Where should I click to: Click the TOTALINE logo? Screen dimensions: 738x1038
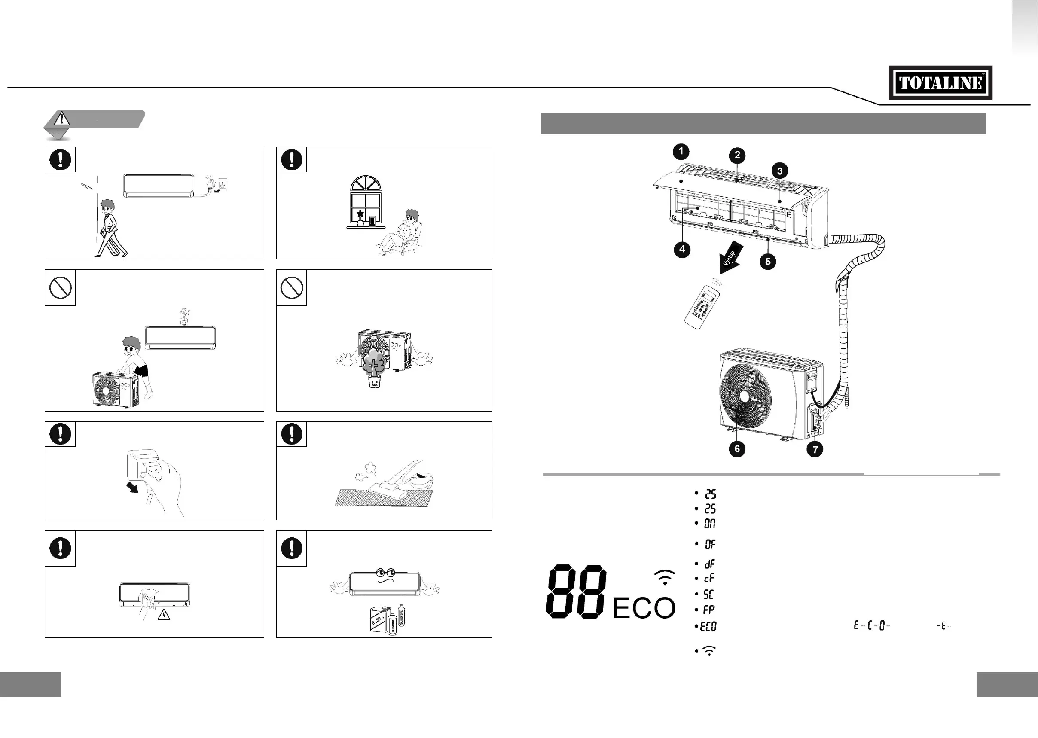[940, 83]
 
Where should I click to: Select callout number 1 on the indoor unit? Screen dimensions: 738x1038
[681, 151]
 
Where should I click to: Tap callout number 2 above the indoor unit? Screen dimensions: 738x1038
[737, 155]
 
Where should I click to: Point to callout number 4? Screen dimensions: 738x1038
[682, 249]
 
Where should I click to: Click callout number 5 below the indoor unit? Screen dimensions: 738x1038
[768, 261]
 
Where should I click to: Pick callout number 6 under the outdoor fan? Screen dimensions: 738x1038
[737, 449]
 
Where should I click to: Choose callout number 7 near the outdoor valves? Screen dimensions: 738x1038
[815, 450]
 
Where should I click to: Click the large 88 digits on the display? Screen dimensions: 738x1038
[576, 591]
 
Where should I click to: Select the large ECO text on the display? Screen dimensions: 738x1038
[644, 608]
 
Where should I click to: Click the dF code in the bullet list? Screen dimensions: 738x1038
[709, 564]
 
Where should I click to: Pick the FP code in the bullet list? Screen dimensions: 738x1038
[708, 610]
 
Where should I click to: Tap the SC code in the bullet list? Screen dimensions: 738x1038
[708, 594]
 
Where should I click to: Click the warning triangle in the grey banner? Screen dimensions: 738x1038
[61, 119]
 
